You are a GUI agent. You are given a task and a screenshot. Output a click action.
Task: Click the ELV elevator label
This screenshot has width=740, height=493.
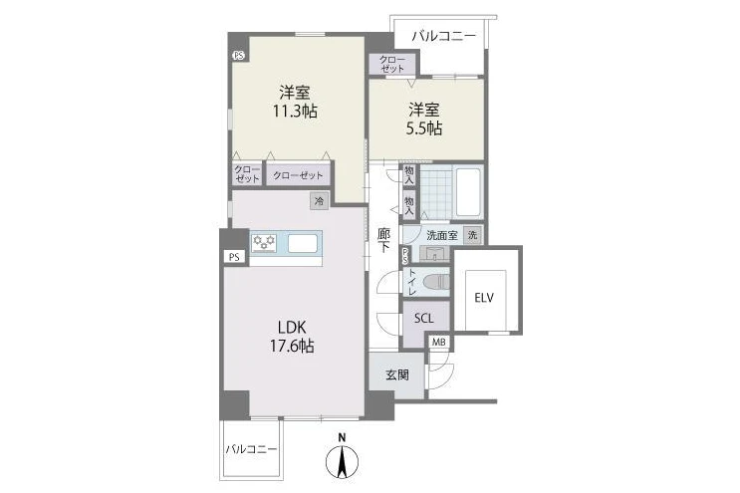coord(484,298)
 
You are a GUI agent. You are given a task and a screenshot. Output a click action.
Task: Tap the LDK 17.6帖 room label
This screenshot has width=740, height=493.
coord(292,337)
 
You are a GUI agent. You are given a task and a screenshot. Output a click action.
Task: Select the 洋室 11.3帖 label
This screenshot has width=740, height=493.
coord(295,102)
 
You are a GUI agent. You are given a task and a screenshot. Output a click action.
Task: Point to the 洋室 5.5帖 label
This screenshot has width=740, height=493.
coord(424,119)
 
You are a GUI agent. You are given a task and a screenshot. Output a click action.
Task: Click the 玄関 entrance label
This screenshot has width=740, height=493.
coord(397,375)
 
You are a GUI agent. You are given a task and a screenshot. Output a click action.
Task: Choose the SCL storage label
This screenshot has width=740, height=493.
coord(424,319)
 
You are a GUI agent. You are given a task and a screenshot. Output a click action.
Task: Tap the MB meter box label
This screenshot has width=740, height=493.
coord(439,343)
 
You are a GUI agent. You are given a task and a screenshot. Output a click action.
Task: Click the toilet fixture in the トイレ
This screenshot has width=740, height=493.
coord(436,283)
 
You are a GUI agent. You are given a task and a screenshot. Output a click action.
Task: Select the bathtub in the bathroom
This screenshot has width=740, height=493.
coord(468,192)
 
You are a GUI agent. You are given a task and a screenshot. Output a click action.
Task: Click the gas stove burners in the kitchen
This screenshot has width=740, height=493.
coord(264,242)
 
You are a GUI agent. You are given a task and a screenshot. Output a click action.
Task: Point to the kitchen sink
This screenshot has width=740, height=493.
coord(303,244)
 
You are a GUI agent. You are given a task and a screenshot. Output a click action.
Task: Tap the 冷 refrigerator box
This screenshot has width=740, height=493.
coord(320,201)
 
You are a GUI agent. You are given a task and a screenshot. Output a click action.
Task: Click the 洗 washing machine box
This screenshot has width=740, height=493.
coord(473,235)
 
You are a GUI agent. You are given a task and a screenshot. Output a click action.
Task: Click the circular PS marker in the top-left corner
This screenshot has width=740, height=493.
coord(239,55)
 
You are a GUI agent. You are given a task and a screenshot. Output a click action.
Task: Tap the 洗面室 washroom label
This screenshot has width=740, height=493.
coord(442,235)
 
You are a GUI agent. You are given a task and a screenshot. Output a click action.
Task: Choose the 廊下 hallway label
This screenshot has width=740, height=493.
coord(383,240)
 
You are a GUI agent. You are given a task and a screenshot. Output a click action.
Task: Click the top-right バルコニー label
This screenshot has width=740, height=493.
coord(444,36)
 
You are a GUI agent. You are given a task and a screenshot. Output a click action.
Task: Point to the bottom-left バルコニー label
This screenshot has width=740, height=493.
coord(251,449)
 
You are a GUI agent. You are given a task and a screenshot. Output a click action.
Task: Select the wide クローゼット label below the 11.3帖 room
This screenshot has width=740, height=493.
coord(298,175)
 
